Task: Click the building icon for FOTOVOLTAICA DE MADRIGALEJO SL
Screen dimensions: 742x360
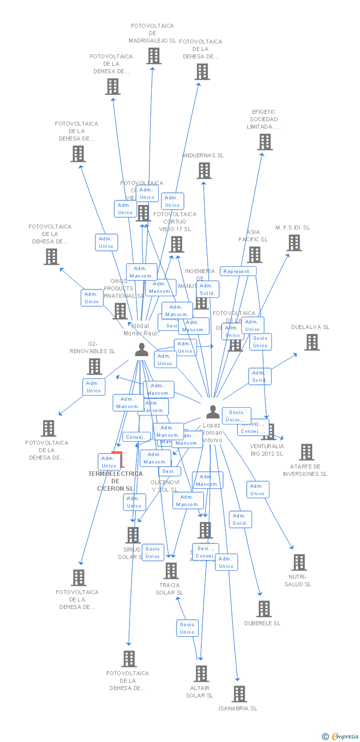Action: click(154, 56)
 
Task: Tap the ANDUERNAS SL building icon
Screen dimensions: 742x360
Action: click(204, 171)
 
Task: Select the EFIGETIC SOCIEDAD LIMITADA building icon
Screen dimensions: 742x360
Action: click(265, 142)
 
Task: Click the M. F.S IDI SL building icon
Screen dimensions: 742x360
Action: click(294, 243)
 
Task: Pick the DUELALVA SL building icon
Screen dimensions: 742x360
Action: click(312, 342)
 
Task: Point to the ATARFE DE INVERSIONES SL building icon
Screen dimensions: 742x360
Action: click(306, 452)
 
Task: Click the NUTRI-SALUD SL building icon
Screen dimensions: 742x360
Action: click(299, 562)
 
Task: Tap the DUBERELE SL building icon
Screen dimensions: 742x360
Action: click(264, 609)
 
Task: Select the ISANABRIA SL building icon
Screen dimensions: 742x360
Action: click(239, 694)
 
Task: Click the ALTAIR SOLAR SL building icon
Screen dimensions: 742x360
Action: click(201, 674)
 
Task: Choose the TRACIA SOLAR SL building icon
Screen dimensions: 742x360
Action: click(171, 571)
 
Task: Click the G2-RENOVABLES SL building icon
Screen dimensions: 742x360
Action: click(94, 367)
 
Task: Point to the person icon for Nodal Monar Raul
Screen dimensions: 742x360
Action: click(141, 350)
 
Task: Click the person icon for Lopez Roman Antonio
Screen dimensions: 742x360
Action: click(213, 412)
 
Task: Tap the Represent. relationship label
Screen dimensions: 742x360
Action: click(238, 271)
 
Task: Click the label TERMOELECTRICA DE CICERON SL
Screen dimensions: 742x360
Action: click(115, 481)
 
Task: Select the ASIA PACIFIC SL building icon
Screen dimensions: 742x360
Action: click(254, 255)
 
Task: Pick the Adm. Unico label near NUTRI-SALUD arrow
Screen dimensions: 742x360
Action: click(258, 490)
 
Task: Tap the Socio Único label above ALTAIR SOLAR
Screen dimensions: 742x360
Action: click(187, 628)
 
